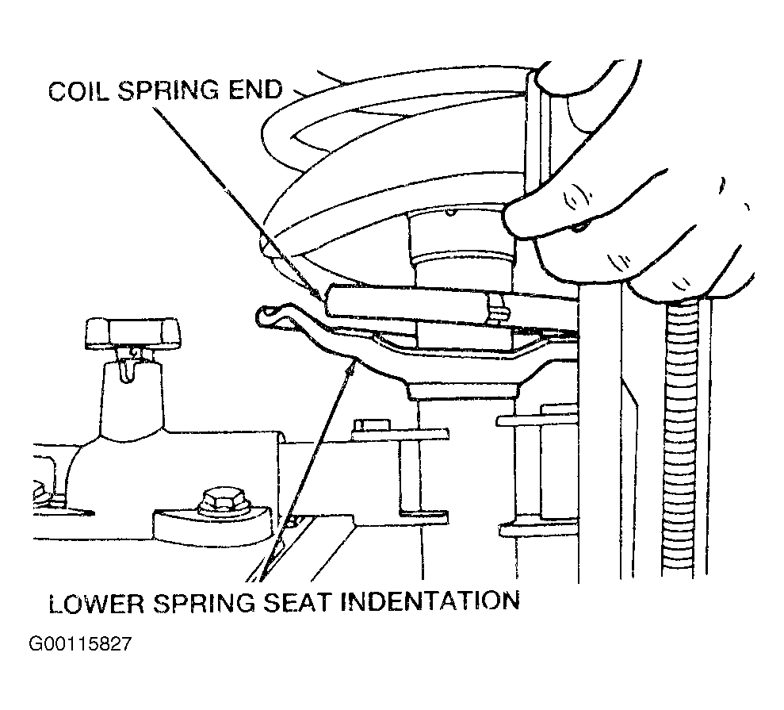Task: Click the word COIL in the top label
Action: pos(78,91)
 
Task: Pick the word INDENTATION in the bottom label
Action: pos(430,601)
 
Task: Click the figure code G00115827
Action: pos(81,643)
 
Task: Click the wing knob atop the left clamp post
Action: pos(132,331)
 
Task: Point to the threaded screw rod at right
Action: pos(682,440)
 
